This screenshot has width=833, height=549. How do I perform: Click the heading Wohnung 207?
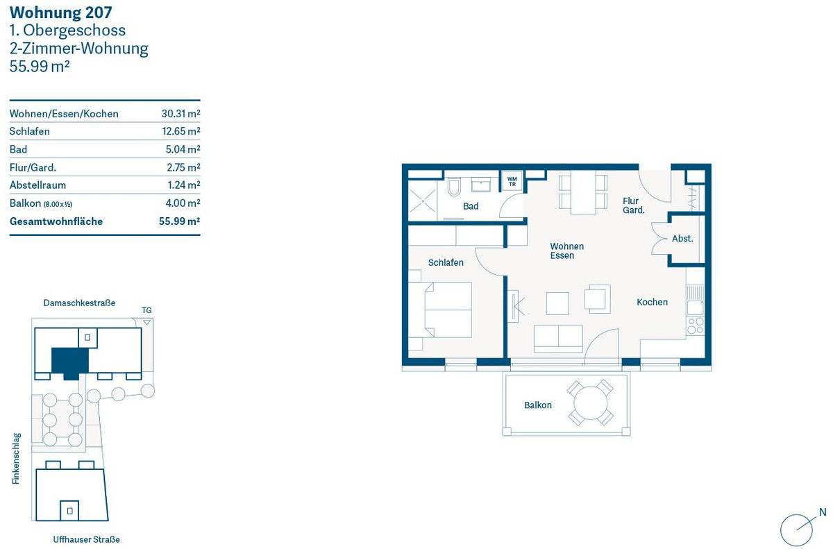60,12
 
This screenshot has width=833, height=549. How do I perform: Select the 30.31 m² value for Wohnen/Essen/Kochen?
180,113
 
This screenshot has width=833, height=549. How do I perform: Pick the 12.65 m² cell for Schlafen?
181,131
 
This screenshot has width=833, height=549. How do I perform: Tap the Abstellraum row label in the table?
37,185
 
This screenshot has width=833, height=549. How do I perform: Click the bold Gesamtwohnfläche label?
56,221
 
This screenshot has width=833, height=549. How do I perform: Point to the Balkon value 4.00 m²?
183,203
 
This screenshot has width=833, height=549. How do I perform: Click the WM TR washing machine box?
512,181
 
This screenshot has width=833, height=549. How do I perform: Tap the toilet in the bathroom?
454,187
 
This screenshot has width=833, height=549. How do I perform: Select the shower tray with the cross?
423,201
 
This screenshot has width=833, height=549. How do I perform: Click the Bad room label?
471,206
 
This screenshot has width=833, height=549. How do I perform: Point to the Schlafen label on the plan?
446,263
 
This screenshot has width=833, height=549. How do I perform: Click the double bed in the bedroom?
448,310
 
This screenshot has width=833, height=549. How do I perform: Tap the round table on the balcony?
590,403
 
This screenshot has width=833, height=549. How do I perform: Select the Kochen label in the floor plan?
652,302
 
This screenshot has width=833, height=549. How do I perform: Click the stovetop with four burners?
696,326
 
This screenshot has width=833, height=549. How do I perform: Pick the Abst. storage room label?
682,239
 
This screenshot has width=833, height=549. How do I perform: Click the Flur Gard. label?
633,205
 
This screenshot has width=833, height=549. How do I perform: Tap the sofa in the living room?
558,339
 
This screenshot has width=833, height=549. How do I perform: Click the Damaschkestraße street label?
79,303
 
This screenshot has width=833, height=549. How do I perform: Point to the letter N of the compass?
823,513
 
